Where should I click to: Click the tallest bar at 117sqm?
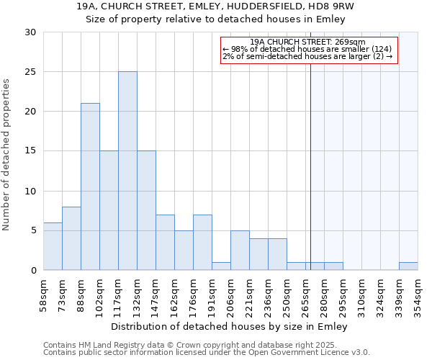127,171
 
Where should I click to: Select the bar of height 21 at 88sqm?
90,186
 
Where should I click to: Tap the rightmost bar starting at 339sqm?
408,266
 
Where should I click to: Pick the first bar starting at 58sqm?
53,246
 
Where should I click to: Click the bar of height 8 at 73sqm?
71,238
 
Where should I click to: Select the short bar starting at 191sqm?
221,266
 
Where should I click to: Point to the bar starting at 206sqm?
240,251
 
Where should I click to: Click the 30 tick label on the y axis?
30,32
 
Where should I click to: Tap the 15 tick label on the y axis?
30,151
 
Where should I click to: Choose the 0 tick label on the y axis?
33,271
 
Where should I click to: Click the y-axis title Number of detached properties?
7,155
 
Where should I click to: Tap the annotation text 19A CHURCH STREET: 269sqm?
308,42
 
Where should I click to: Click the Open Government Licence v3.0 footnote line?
207,353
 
